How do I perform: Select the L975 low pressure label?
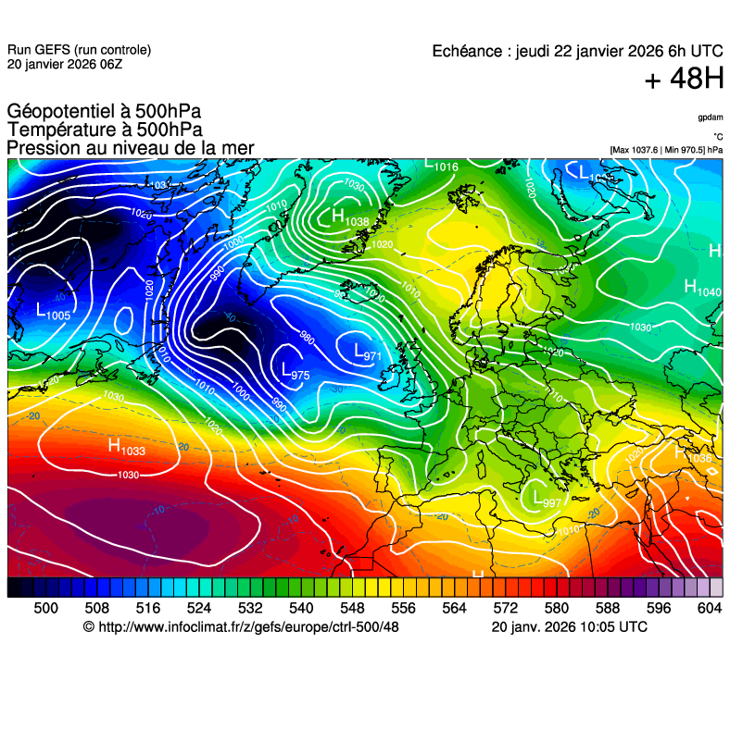pyautogui.click(x=295, y=372)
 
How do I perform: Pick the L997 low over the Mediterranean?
pyautogui.click(x=541, y=499)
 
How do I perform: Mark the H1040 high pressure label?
pyautogui.click(x=701, y=289)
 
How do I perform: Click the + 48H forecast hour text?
pyautogui.click(x=684, y=80)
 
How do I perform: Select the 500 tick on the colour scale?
pyautogui.click(x=46, y=608)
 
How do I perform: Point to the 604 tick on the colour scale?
pyautogui.click(x=710, y=608)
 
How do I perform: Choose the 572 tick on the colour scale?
pyautogui.click(x=505, y=608)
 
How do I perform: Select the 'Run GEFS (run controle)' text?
pyautogui.click(x=79, y=50)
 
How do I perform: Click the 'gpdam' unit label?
pyautogui.click(x=710, y=118)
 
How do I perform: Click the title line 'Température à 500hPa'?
pyautogui.click(x=105, y=130)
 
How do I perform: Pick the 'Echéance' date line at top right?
pyautogui.click(x=577, y=51)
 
